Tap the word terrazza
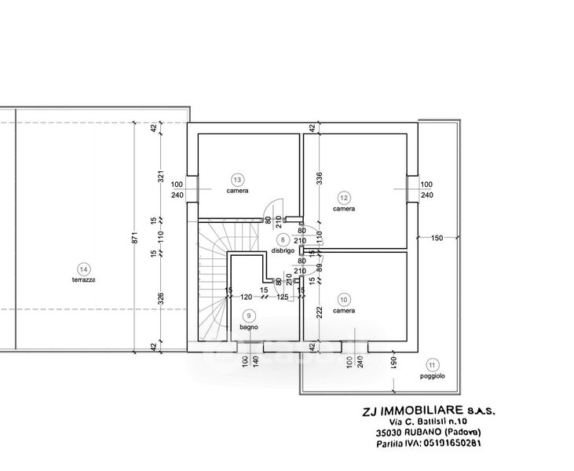coord(84,280)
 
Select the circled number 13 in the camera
coord(238,178)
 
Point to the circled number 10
coord(343,298)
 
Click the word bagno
coord(249,327)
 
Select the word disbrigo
coord(283,250)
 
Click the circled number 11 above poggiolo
coord(431,364)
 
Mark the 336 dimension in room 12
coord(320,178)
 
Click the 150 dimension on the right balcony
coord(437,237)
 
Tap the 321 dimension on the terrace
coord(161,177)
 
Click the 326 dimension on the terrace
coord(161,298)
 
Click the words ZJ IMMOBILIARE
coord(399,411)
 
